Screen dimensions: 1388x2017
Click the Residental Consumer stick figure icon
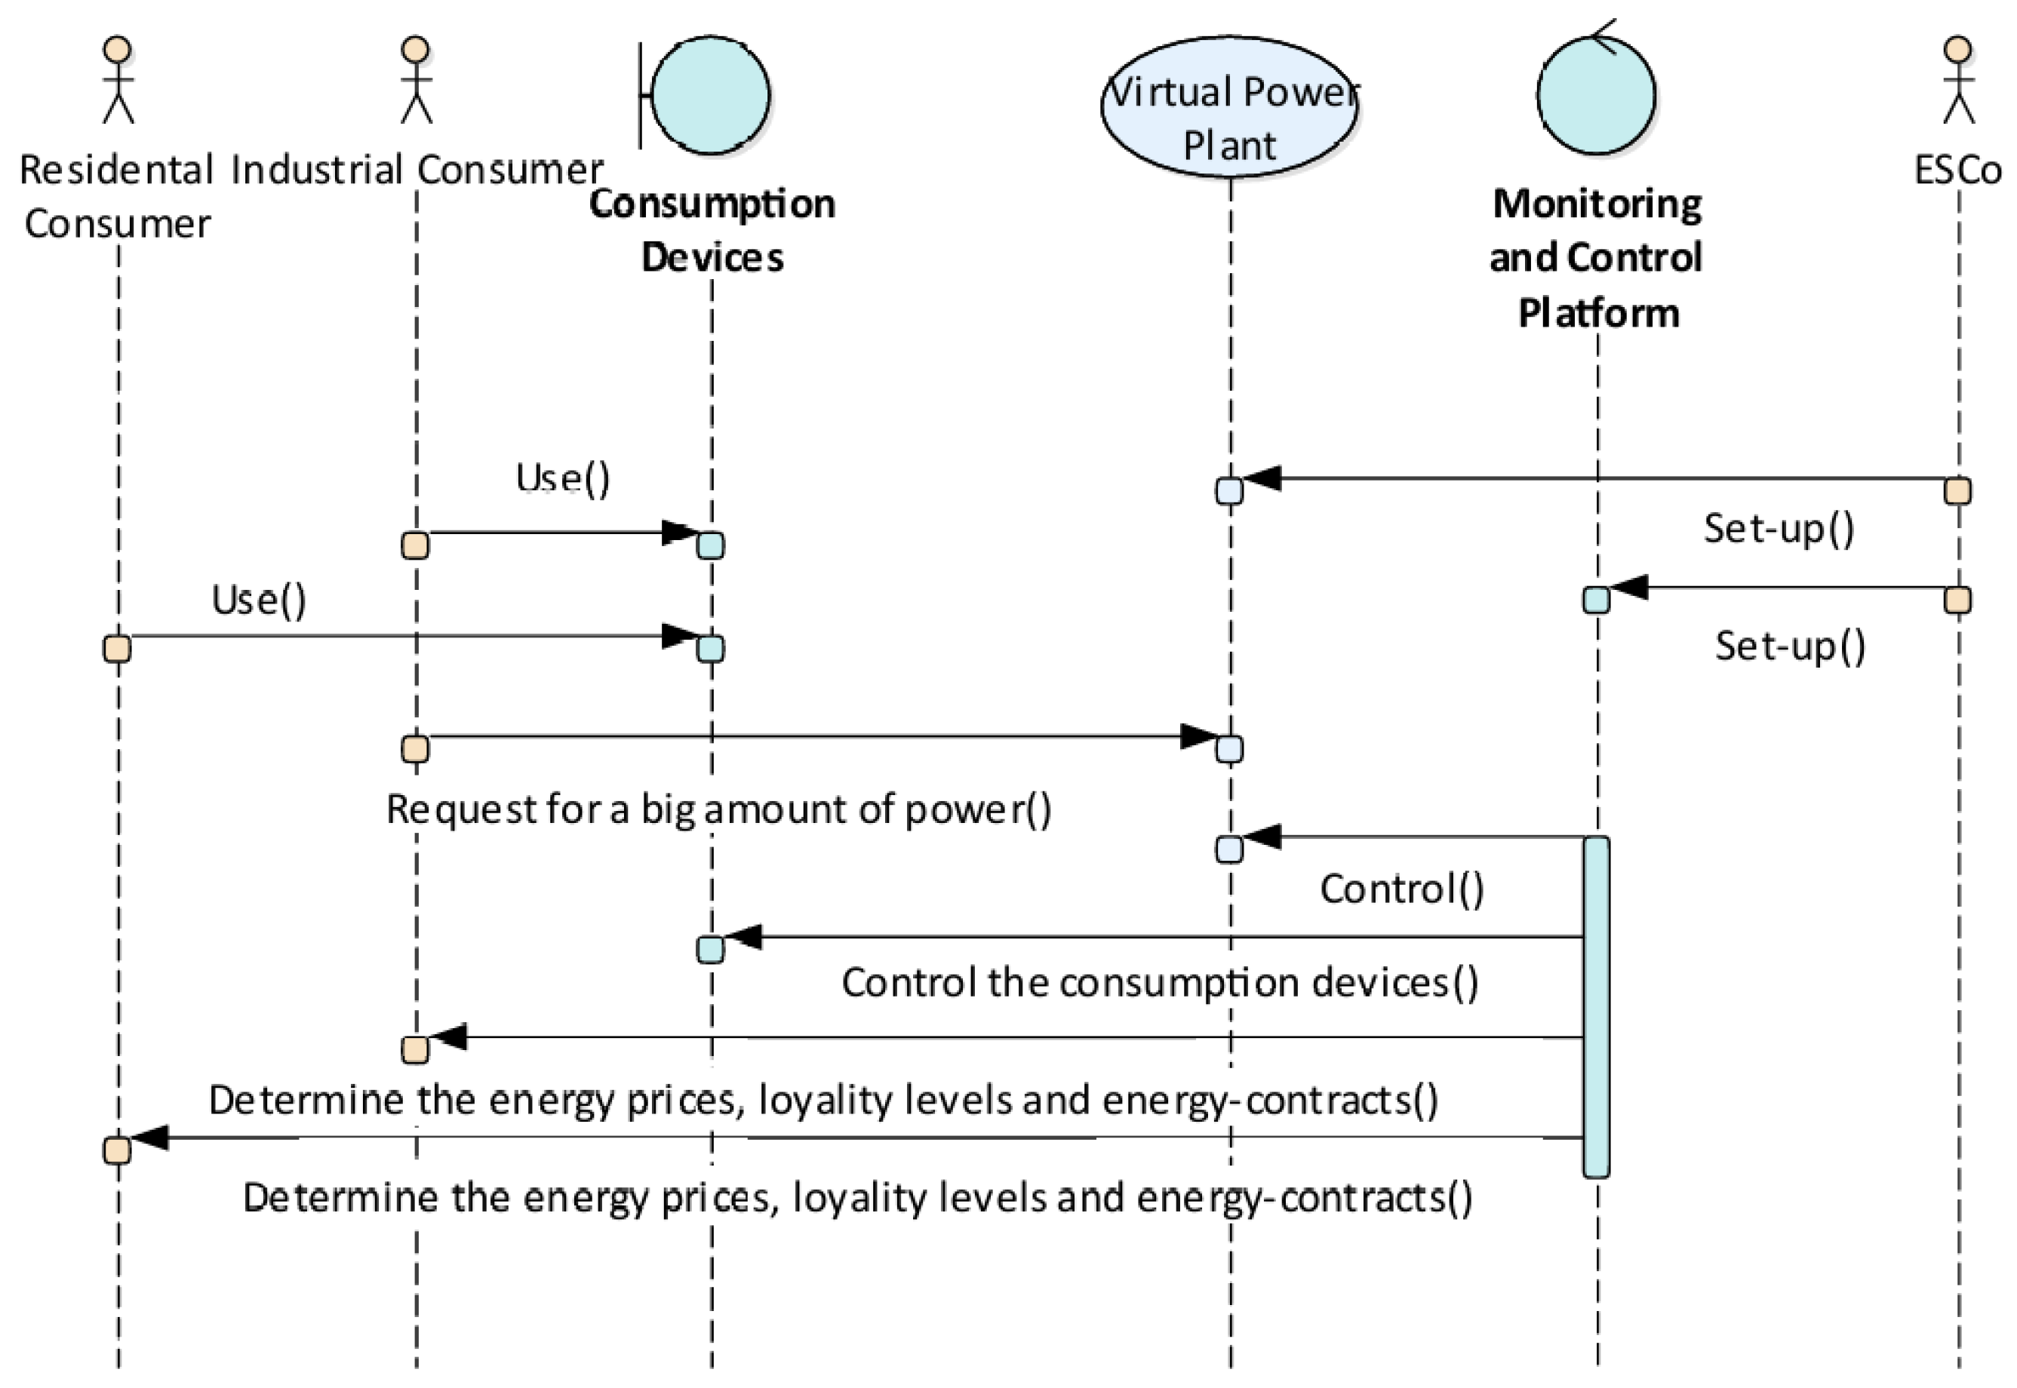118,80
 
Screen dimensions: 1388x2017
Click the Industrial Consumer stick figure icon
416,80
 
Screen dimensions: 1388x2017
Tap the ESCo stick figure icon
1959,80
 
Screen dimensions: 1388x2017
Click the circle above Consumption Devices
711,96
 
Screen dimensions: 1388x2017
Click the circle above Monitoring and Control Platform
1596,96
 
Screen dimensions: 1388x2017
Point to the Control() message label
1402,889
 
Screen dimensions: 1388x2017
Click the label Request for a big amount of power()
718,809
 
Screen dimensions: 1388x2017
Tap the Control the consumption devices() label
1159,983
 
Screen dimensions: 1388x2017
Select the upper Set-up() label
1779,528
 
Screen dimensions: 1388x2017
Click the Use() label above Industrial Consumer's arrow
563,478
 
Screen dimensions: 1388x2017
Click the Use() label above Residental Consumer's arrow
259,600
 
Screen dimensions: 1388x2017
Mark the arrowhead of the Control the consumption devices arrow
744,937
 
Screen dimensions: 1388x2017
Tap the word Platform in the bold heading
1597,313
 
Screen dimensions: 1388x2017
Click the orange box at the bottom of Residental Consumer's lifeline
118,1150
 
